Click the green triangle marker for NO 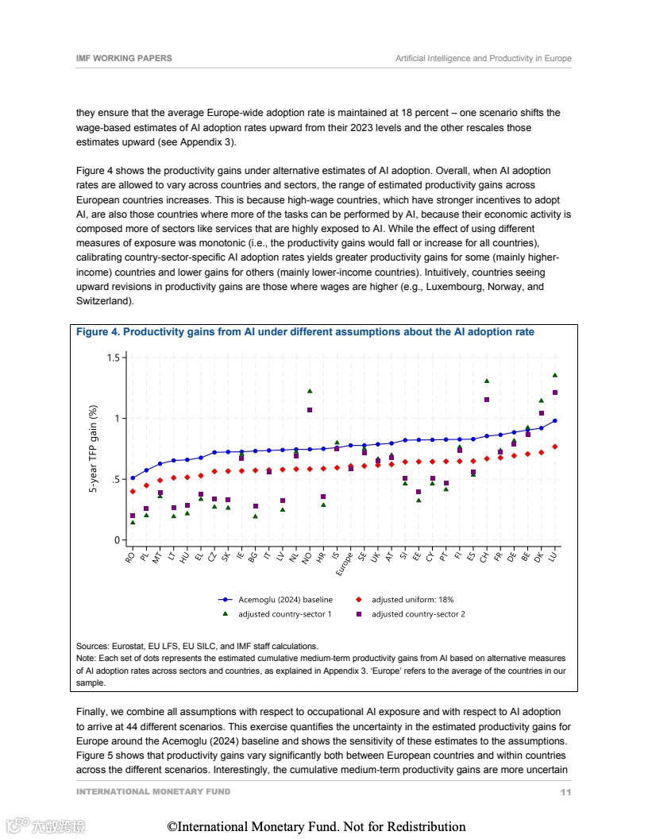pyautogui.click(x=310, y=391)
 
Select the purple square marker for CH pyautogui.click(x=487, y=400)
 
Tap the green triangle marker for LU pyautogui.click(x=555, y=375)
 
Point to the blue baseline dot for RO pyautogui.click(x=133, y=477)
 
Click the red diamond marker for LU pyautogui.click(x=555, y=447)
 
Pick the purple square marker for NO pyautogui.click(x=310, y=410)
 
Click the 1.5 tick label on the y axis pyautogui.click(x=113, y=358)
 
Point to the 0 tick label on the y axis pyautogui.click(x=116, y=540)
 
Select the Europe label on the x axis pyautogui.click(x=344, y=563)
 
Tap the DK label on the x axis pyautogui.click(x=539, y=557)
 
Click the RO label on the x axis pyautogui.click(x=130, y=557)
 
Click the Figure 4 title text pyautogui.click(x=305, y=332)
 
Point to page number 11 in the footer pyautogui.click(x=565, y=792)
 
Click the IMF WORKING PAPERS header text pyautogui.click(x=124, y=59)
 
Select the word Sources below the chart pyautogui.click(x=93, y=647)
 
